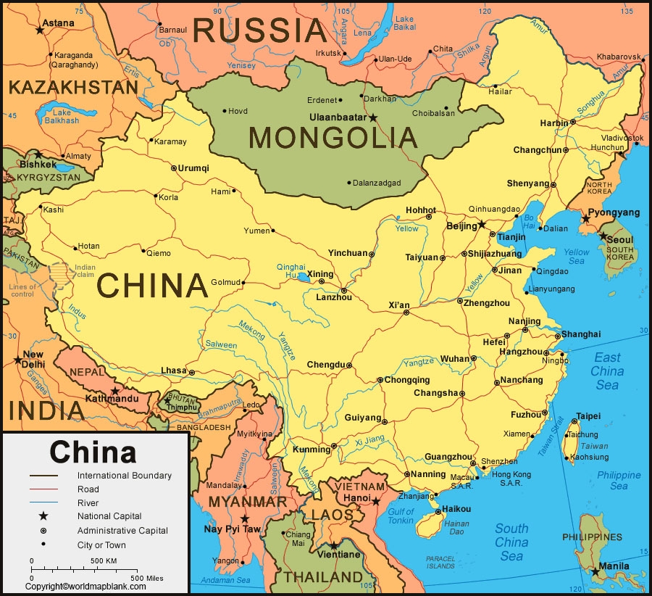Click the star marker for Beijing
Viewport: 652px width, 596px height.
482,225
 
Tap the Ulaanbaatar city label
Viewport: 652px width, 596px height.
338,117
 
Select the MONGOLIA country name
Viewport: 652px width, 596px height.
333,138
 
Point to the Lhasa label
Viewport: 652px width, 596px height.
174,371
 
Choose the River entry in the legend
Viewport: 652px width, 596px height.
88,502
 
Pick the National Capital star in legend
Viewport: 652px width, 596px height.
43,516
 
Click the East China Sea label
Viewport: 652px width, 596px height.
607,371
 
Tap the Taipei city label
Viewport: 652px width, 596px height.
587,417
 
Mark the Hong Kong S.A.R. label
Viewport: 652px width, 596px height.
511,479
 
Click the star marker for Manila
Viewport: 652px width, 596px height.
595,572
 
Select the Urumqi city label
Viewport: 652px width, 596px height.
193,167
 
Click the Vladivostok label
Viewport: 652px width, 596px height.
621,138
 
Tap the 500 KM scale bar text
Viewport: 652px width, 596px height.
104,561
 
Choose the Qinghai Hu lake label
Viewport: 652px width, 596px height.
290,270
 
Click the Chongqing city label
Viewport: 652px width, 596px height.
406,380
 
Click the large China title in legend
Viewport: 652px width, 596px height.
93,452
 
